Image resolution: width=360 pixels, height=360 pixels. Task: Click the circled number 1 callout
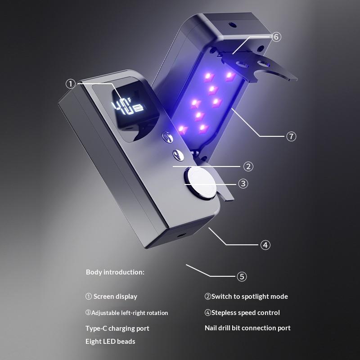71,84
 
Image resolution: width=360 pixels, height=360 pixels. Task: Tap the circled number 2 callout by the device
248,166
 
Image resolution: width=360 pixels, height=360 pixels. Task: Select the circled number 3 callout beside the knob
243,184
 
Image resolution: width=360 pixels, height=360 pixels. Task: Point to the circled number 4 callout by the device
265,245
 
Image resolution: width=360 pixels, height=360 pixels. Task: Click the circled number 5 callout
242,276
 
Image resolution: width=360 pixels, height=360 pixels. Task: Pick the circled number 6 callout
276,37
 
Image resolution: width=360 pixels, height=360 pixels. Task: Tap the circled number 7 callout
291,136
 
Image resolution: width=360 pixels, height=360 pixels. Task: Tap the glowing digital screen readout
127,107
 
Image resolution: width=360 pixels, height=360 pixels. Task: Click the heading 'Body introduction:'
115,272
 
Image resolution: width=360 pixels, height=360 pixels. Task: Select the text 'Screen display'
115,297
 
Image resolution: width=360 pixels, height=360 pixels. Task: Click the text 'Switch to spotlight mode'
250,297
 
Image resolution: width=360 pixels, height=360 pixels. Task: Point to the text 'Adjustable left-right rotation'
130,313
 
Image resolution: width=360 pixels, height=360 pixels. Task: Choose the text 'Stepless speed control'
245,312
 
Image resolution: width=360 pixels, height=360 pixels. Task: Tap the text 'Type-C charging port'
117,328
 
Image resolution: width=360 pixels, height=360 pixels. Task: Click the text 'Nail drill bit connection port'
247,328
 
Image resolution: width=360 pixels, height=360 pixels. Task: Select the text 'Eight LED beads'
110,342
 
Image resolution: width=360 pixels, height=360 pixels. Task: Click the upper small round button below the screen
167,137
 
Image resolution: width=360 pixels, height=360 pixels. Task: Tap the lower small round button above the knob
178,155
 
